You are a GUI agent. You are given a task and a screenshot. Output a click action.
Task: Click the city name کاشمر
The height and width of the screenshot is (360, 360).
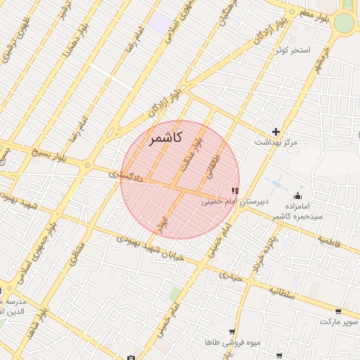[x=165, y=139]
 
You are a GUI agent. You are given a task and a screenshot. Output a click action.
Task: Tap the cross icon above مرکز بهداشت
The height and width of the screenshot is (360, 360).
[x=276, y=131]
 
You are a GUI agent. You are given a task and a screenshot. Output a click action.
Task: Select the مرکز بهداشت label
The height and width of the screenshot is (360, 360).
[x=276, y=143]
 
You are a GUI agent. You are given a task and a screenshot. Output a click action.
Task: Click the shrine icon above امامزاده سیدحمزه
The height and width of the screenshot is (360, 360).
[x=299, y=195]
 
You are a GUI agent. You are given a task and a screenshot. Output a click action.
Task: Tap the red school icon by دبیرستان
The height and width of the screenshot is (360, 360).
[x=234, y=191]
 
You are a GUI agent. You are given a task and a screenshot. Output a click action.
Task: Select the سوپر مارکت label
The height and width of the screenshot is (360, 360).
[x=335, y=322]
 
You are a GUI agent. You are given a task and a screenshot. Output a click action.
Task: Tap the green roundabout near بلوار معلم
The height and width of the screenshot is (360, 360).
[x=343, y=23]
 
